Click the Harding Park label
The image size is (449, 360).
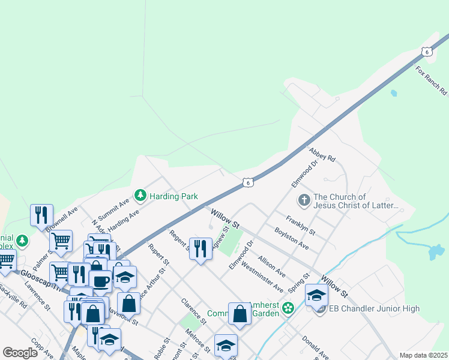174,196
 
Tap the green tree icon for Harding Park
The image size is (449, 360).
140,195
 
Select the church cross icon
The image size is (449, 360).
304,200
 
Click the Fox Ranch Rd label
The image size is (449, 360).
432,80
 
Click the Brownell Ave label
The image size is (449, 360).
62,220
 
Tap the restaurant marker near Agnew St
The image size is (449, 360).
200,248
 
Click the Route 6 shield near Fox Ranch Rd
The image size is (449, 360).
426,52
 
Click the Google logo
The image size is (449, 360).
20,353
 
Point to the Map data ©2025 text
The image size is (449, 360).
423,355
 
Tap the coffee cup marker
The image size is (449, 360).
100,281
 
